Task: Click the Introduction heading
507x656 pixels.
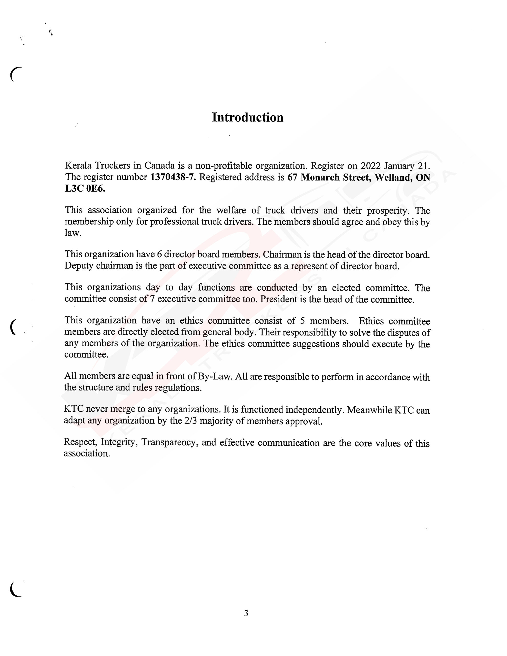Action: (x=248, y=117)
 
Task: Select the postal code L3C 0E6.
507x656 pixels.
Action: (x=85, y=189)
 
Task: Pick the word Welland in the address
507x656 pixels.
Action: (x=392, y=177)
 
